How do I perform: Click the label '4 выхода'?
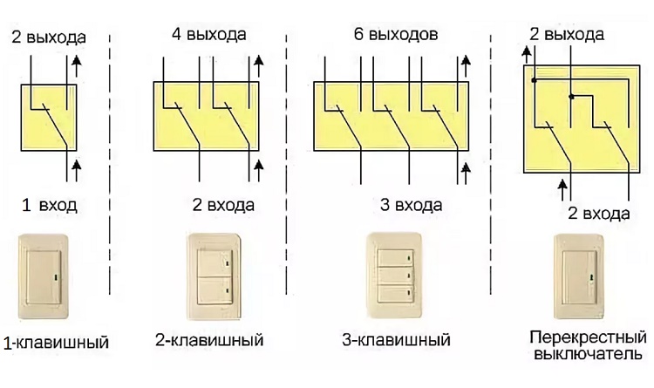(x=209, y=34)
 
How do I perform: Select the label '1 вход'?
(x=50, y=206)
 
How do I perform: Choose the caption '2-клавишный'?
(x=209, y=338)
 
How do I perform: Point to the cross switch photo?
(x=577, y=276)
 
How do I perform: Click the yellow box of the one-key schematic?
(x=48, y=117)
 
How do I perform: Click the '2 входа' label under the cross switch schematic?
(x=599, y=213)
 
